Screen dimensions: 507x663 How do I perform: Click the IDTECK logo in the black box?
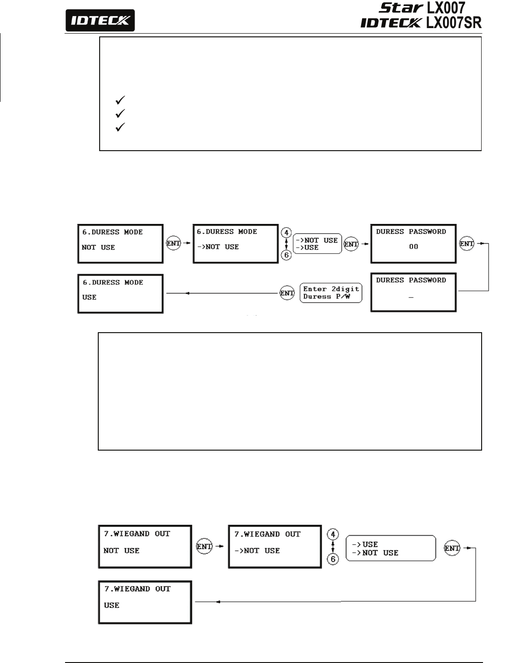point(100,20)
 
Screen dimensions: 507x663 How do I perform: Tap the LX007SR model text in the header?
point(453,23)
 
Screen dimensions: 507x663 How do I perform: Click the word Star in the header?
point(400,7)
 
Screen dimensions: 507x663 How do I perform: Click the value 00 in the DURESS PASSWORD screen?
point(413,246)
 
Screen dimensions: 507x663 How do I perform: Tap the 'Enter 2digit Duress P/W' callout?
point(331,293)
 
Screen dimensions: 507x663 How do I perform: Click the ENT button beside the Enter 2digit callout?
point(287,293)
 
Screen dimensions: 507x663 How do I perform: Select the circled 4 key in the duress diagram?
point(286,233)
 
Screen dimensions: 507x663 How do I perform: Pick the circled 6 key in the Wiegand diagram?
point(333,559)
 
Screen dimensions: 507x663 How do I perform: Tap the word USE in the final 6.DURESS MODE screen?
point(89,297)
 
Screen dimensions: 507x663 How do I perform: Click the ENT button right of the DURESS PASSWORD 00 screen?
point(466,243)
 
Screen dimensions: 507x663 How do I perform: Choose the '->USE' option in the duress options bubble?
point(307,247)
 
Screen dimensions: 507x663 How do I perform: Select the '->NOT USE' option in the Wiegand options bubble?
point(375,553)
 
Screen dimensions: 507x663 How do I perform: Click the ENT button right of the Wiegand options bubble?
point(452,548)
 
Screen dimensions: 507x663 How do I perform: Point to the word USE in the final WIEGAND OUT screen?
point(112,605)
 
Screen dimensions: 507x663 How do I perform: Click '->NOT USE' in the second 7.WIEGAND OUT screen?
point(257,551)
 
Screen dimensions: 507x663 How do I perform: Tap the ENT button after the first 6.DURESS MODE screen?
point(173,243)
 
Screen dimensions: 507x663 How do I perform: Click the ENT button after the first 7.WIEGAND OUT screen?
point(204,546)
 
